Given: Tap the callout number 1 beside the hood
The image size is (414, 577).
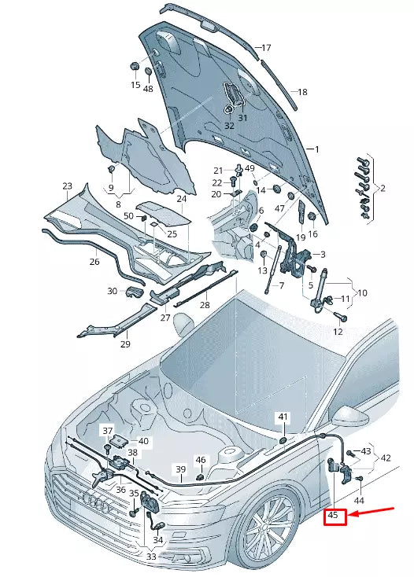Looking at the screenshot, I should (316, 149).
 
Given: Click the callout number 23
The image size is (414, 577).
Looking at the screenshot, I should (67, 186).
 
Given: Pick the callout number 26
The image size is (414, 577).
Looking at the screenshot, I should (94, 261).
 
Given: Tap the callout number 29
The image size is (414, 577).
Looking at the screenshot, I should (124, 344).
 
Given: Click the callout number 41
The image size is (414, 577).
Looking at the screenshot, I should (283, 416).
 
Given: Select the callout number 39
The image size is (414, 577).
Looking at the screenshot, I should (180, 470).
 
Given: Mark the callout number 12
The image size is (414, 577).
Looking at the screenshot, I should (338, 332).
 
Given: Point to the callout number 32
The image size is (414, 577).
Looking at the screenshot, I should (229, 126).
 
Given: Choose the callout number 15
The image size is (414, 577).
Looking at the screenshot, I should (135, 85).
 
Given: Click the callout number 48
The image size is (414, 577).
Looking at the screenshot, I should (148, 89).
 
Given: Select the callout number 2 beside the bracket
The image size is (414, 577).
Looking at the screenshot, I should (383, 188).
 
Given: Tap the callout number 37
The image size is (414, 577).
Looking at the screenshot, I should (107, 431).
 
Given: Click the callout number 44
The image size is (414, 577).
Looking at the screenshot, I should (359, 500).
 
